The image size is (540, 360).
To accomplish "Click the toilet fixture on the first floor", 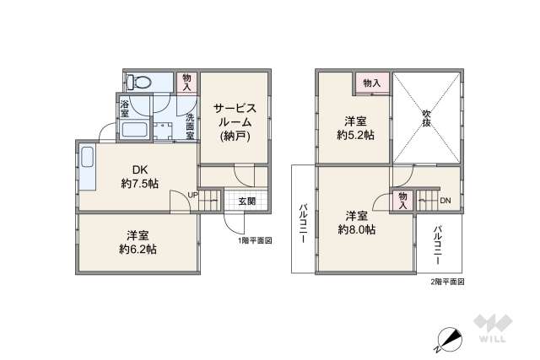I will point(139,82).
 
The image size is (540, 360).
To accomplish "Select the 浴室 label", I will point(125,107).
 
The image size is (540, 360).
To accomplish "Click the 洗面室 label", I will point(190,126).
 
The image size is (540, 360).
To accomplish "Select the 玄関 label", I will point(247,201).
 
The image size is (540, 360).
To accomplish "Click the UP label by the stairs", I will point(193,196).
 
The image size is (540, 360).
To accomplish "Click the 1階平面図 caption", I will point(254,240).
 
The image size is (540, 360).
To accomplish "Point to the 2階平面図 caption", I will point(447,281).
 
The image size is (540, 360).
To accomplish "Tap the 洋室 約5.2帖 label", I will point(354,127).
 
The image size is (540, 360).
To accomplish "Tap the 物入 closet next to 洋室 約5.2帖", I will point(372,83).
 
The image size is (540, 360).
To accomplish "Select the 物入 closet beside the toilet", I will point(188,82).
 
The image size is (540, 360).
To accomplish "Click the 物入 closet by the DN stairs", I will point(403,201).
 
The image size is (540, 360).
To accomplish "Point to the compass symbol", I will point(449,339).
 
